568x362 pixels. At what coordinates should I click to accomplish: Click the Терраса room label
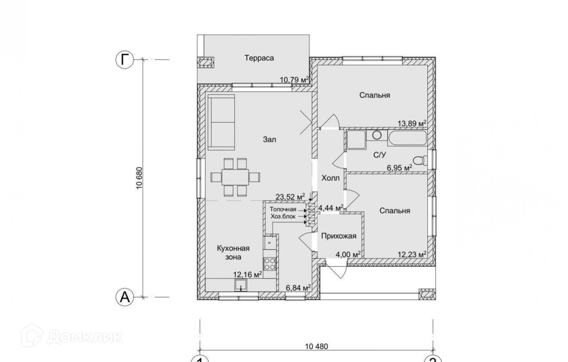click(259, 58)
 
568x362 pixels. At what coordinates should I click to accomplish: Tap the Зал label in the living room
click(269, 139)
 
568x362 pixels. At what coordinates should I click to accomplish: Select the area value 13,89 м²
click(412, 123)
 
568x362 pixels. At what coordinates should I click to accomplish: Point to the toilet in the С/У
click(420, 161)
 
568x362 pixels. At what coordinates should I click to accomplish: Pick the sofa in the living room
click(221, 123)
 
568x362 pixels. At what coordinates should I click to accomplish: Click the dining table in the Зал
click(235, 177)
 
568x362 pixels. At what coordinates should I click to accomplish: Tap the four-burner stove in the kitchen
click(270, 263)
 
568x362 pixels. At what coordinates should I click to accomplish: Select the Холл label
click(330, 178)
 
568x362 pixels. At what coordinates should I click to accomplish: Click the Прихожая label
click(339, 236)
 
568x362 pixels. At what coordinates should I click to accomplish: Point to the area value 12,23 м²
click(412, 254)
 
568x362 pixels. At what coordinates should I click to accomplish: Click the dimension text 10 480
click(317, 346)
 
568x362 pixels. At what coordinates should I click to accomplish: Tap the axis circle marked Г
click(124, 60)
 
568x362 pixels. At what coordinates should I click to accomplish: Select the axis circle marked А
click(124, 297)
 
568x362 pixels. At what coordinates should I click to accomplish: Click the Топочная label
click(283, 209)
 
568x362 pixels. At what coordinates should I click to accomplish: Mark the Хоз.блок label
click(283, 216)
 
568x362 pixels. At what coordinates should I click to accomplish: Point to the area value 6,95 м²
click(399, 168)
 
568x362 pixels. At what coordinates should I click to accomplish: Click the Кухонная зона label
click(233, 253)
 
